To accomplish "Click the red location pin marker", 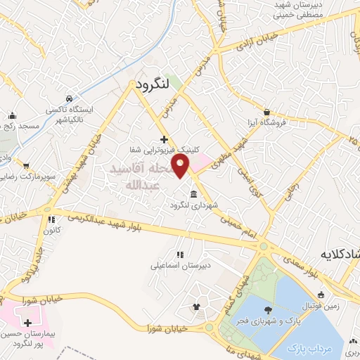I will tap(181, 167).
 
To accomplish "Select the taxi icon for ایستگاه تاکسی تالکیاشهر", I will tap(68, 98).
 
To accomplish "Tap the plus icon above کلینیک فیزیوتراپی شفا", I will tap(164, 139).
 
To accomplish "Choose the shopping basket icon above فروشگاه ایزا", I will tap(266, 112).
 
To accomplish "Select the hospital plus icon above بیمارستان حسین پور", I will tap(27, 323).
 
